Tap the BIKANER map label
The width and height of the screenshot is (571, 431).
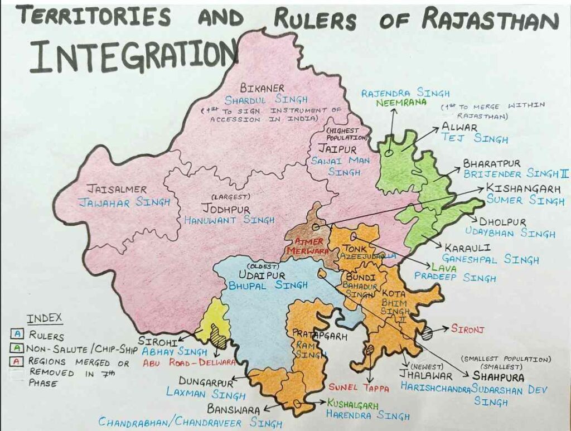[x=262, y=88]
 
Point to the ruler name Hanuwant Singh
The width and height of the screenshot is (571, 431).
[x=229, y=220]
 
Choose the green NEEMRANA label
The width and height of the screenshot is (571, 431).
[x=393, y=103]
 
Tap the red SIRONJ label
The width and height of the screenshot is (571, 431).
[x=467, y=330]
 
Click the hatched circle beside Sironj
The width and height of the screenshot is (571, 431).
[x=427, y=333]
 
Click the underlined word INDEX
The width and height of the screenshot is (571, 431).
[x=45, y=319]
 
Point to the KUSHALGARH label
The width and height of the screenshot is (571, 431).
[x=358, y=403]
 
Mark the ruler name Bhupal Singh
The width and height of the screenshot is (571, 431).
[x=268, y=285]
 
